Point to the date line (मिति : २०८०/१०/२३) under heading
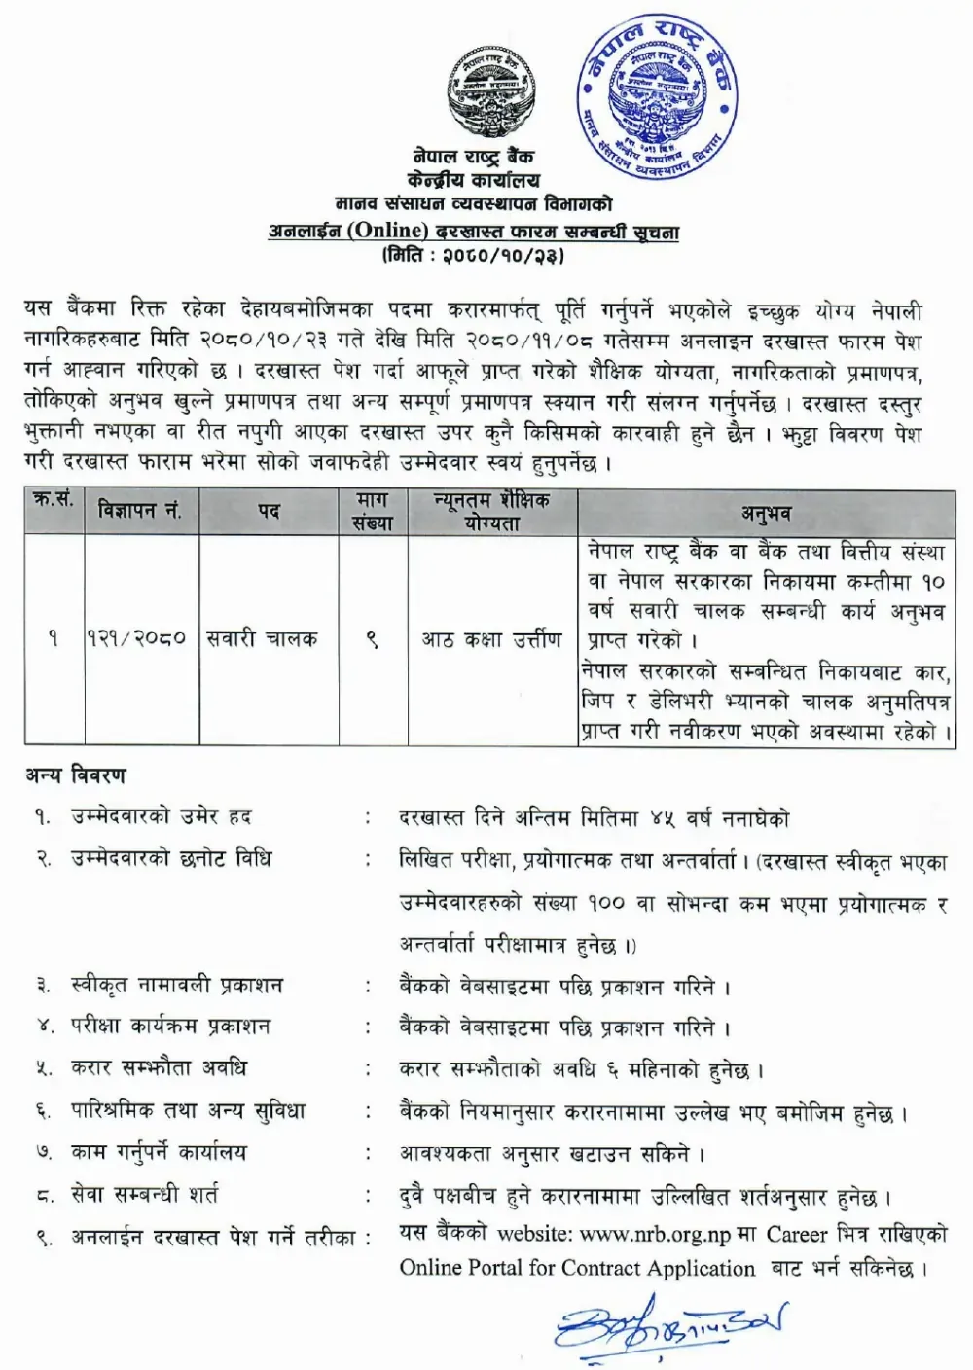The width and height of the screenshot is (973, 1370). click(474, 256)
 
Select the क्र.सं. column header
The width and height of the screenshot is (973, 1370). click(54, 502)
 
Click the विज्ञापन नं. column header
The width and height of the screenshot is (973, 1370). click(140, 511)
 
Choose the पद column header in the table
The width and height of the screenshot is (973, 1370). click(269, 511)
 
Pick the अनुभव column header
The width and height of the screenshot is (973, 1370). click(766, 513)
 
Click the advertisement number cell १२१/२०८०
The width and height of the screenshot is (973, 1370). click(137, 638)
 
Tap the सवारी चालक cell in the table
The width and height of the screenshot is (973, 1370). click(263, 638)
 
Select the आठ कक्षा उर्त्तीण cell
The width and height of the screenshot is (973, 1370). click(491, 638)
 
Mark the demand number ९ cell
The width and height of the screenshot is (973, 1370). click(372, 639)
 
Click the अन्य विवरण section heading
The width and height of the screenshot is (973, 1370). click(76, 775)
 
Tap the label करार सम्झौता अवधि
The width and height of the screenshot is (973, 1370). click(159, 1068)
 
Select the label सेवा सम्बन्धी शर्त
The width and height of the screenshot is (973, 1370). click(145, 1194)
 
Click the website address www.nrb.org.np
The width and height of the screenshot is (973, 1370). click(655, 1234)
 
